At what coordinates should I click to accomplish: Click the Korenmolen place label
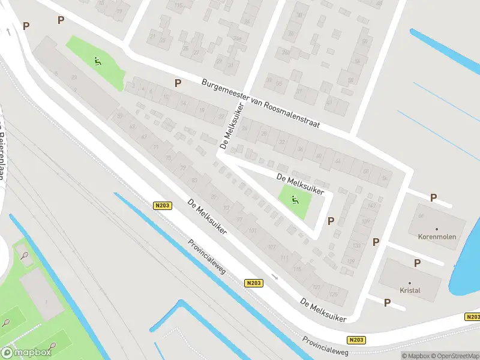pyautogui.click(x=437, y=236)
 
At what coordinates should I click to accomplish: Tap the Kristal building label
pyautogui.click(x=411, y=290)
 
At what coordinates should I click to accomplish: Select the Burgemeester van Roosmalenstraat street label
pyautogui.click(x=260, y=103)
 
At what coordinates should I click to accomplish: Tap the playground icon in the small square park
pyautogui.click(x=295, y=200)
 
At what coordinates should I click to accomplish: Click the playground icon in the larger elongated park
pyautogui.click(x=97, y=60)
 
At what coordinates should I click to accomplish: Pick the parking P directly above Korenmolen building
pyautogui.click(x=433, y=197)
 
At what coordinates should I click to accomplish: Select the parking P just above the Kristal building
pyautogui.click(x=417, y=263)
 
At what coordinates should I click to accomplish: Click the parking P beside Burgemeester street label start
pyautogui.click(x=178, y=83)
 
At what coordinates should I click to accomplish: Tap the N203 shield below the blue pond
pyautogui.click(x=471, y=316)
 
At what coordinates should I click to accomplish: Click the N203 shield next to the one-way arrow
pyautogui.click(x=254, y=282)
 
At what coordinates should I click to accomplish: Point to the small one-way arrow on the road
pyautogui.click(x=274, y=277)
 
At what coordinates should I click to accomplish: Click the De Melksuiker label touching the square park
pyautogui.click(x=300, y=184)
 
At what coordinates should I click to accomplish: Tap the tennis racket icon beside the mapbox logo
pyautogui.click(x=52, y=346)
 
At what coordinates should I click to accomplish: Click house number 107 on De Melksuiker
pyautogui.click(x=271, y=247)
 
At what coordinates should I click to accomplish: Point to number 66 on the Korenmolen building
pyautogui.click(x=421, y=215)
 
